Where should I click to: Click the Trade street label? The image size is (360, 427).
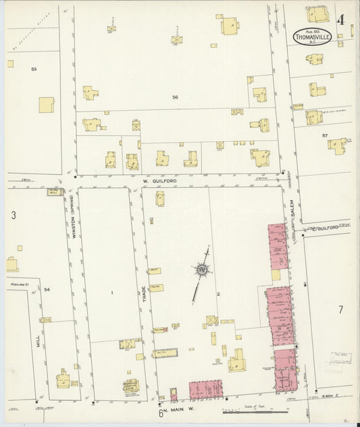[x=144, y=295]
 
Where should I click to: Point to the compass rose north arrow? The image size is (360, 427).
[x=201, y=271]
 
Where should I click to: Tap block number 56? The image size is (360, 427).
[x=175, y=97]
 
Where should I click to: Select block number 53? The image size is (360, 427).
[x=33, y=69]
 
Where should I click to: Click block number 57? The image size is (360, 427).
[x=324, y=136]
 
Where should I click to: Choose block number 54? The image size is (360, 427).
[x=47, y=289]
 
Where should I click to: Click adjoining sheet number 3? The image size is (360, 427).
[x=13, y=216]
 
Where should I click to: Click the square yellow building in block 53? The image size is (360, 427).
[x=47, y=105]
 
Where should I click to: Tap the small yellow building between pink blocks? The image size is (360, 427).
[x=276, y=275]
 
